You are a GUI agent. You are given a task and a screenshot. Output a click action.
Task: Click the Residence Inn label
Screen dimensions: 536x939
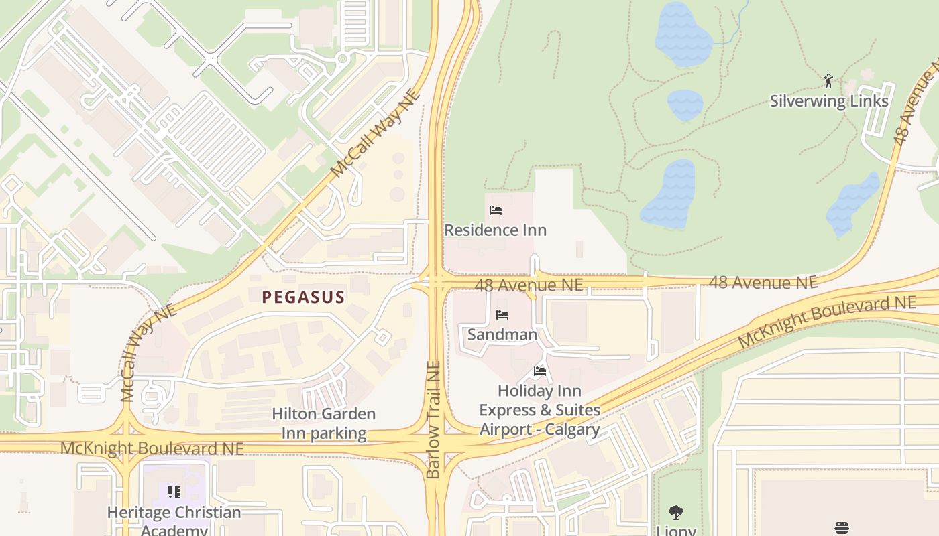click(x=495, y=230)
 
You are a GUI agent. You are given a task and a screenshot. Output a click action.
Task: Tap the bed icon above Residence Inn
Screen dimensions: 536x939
click(x=496, y=210)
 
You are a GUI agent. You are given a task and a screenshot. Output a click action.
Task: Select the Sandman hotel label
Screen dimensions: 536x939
click(x=502, y=334)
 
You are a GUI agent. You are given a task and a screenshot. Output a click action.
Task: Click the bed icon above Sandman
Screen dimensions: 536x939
click(x=502, y=315)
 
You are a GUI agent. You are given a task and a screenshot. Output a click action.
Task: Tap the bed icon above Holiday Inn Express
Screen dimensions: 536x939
click(x=540, y=371)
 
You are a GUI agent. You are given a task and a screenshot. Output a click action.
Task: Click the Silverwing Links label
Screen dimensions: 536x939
click(x=829, y=101)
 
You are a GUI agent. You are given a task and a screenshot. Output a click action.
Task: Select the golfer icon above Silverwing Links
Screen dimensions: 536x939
click(x=829, y=82)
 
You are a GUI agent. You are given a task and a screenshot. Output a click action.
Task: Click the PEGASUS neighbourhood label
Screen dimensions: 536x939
click(x=303, y=297)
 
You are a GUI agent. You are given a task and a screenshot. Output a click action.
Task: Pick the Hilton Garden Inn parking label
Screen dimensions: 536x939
click(x=323, y=423)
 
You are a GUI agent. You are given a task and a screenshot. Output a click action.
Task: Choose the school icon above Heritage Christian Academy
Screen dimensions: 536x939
click(x=174, y=493)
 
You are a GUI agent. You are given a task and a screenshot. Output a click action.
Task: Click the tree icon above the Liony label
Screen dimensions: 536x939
click(x=676, y=513)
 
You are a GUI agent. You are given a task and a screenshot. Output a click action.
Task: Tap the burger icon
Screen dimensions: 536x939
click(x=842, y=528)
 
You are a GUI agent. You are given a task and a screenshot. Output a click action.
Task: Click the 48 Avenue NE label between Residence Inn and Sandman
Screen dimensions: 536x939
click(x=529, y=285)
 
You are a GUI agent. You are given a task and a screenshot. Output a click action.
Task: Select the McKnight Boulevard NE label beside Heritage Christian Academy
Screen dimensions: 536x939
click(x=152, y=448)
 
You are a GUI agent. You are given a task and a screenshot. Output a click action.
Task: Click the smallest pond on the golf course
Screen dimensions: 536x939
click(x=685, y=105)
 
